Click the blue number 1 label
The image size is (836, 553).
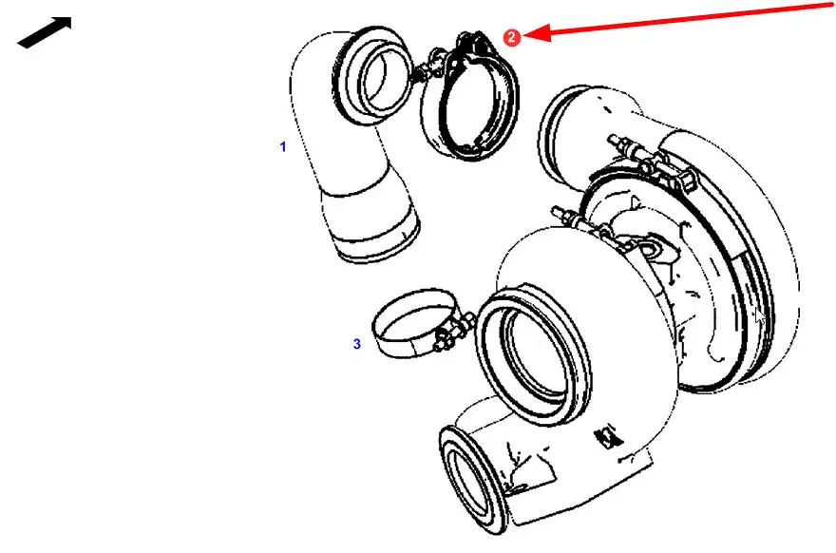(283, 146)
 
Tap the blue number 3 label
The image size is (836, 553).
(356, 344)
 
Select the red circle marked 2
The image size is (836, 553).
(512, 37)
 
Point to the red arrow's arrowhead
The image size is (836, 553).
(537, 32)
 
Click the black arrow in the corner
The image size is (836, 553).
(45, 32)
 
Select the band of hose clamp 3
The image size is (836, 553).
(412, 324)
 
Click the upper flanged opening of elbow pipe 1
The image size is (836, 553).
(371, 76)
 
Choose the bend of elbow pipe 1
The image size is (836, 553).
(320, 106)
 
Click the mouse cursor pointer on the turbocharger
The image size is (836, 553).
(760, 316)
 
